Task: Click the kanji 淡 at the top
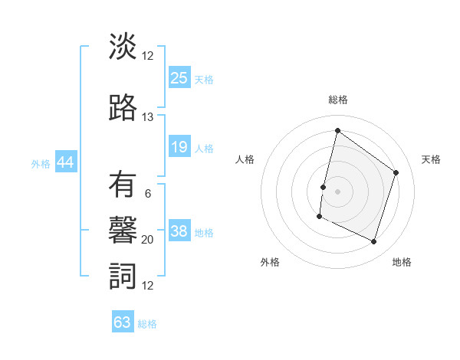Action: tap(123, 47)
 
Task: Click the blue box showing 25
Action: tap(179, 78)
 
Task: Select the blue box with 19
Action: tap(179, 147)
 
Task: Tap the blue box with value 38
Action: tap(179, 231)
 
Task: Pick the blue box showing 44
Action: tap(66, 162)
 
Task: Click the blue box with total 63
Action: tap(123, 322)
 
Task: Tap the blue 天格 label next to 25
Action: tap(204, 79)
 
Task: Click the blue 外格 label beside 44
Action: tap(41, 163)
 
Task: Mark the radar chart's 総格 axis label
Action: tap(337, 100)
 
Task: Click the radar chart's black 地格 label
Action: tap(402, 262)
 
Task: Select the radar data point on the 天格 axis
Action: tap(396, 172)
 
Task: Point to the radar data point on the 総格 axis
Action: tap(337, 130)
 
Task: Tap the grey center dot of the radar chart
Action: tap(337, 191)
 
